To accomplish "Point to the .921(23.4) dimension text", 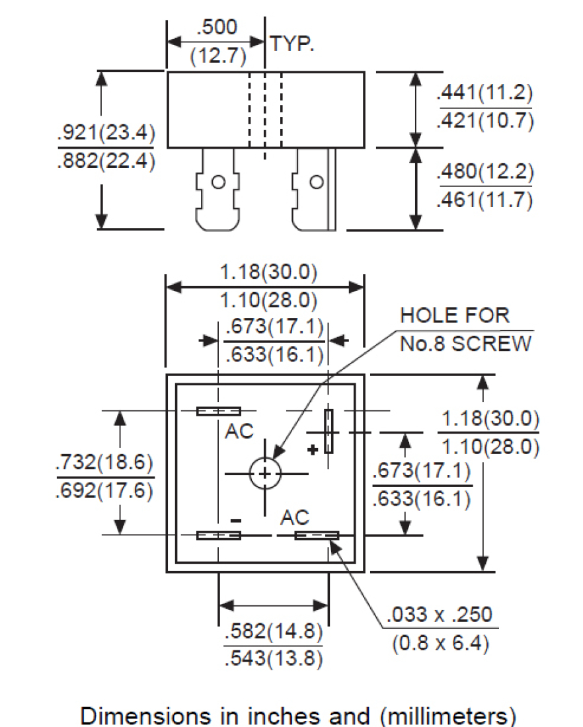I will [106, 134].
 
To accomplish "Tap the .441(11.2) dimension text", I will [485, 93].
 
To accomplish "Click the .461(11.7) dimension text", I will [485, 199].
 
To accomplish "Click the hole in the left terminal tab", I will [217, 181].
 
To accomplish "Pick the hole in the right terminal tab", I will [317, 181].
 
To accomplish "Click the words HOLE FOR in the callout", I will [455, 315].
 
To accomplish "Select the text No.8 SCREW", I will [465, 344].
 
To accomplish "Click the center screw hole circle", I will [265, 473].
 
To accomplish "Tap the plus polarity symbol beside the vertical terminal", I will [313, 449].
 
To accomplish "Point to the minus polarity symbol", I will [236, 521].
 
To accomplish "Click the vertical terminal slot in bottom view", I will [329, 431].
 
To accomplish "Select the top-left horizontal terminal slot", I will [218, 411].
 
